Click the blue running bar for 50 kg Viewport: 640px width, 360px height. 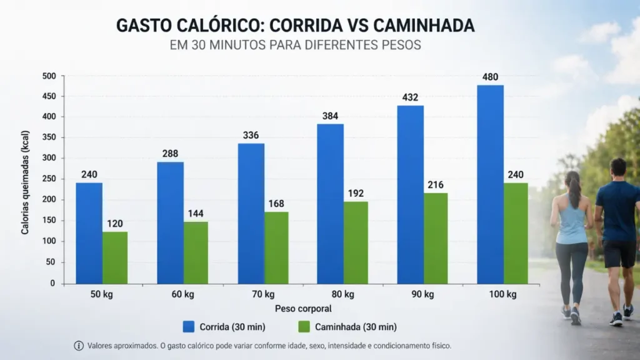click(x=90, y=233)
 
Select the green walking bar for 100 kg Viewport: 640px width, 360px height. click(x=516, y=233)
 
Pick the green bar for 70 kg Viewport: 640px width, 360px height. click(x=276, y=247)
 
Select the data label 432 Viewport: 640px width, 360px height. click(x=410, y=97)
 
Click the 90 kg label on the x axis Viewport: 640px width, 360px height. click(x=422, y=294)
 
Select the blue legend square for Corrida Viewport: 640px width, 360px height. click(x=189, y=326)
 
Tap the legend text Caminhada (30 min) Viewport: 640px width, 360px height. click(x=356, y=327)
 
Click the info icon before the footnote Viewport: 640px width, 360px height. click(x=79, y=346)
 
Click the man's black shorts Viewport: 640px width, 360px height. click(x=619, y=253)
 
